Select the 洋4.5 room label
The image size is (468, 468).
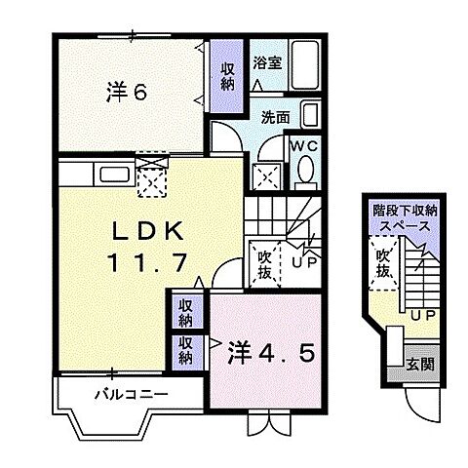click(x=272, y=350)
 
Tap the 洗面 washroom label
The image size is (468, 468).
click(x=276, y=118)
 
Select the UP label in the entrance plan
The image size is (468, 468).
click(x=421, y=314)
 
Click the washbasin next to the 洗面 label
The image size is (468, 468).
click(x=309, y=116)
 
